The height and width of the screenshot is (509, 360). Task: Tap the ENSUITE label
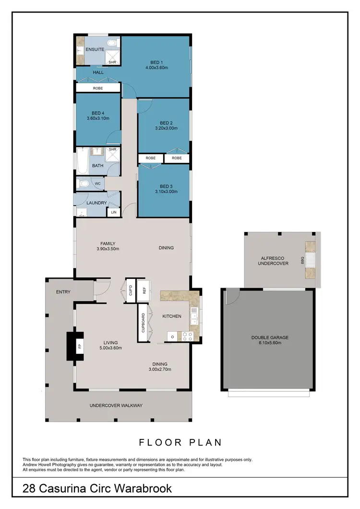(x=95, y=49)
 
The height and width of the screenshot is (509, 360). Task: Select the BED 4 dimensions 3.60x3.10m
(x=98, y=118)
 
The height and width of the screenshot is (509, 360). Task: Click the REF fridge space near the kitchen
(x=144, y=291)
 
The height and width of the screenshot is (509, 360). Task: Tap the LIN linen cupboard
(x=114, y=212)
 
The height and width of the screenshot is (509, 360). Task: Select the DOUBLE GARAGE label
(x=270, y=337)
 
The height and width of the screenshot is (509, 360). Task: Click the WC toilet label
(x=97, y=183)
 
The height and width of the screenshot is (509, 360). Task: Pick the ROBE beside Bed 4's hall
(x=98, y=88)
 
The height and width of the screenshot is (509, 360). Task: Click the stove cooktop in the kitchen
(x=187, y=336)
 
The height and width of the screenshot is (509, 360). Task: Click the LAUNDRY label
(x=96, y=203)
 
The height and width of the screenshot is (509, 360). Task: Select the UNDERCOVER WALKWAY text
(x=116, y=405)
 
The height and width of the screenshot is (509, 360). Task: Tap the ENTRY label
(x=63, y=291)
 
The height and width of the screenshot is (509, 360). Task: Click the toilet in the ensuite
(x=112, y=44)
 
